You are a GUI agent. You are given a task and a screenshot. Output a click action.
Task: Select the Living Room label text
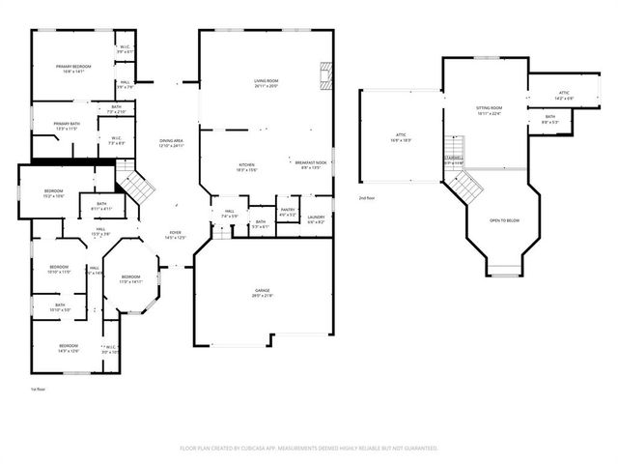(x=266, y=83)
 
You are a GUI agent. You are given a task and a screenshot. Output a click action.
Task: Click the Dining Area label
(x=171, y=143)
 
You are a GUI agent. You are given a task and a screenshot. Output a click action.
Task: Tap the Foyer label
(x=175, y=234)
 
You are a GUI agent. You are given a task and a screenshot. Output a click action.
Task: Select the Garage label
(x=262, y=292)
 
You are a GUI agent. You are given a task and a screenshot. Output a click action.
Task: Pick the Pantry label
(x=287, y=212)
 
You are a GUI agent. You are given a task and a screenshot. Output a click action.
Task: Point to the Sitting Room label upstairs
(x=490, y=110)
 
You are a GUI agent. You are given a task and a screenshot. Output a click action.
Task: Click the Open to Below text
(x=504, y=220)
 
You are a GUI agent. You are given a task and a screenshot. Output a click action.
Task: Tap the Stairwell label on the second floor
(x=454, y=160)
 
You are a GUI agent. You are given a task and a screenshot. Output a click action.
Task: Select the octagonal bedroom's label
(x=130, y=279)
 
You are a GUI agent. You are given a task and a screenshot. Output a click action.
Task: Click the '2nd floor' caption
(x=366, y=198)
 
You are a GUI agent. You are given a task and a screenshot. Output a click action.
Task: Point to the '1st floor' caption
(x=40, y=388)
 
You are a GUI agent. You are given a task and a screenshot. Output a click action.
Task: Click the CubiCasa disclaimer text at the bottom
(x=309, y=449)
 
